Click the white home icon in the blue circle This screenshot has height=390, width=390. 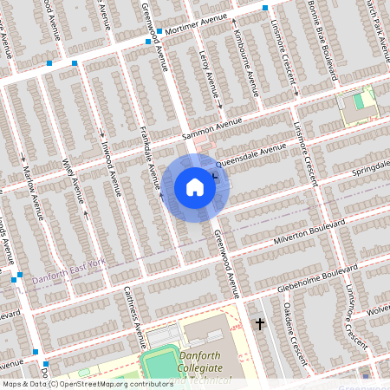195,187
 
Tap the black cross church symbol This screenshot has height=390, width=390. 259,324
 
